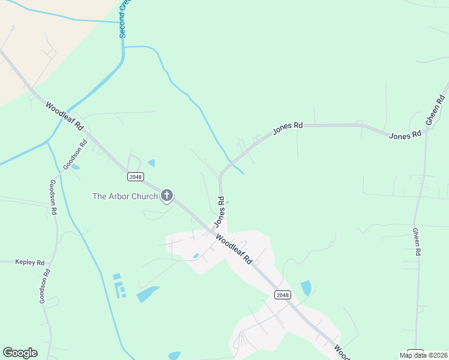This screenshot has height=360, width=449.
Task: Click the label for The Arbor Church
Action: pos(125,196)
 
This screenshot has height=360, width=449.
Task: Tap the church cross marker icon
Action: pos(167,196)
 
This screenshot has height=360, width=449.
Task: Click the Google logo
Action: pos(20,353)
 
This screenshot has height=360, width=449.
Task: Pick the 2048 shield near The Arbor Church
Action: pos(134,176)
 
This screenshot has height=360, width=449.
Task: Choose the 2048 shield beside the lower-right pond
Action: pos(283,295)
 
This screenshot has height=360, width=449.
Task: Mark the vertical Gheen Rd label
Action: pos(415,242)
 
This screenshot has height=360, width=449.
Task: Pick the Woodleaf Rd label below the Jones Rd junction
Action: pos(234,248)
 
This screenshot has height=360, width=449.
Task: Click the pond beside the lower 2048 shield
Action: pos(306,288)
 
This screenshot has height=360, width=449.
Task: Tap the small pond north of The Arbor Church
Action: pos(151,163)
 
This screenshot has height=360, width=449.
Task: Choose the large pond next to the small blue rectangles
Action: pos(147,294)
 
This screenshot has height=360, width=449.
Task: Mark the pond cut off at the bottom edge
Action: pos(174,356)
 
